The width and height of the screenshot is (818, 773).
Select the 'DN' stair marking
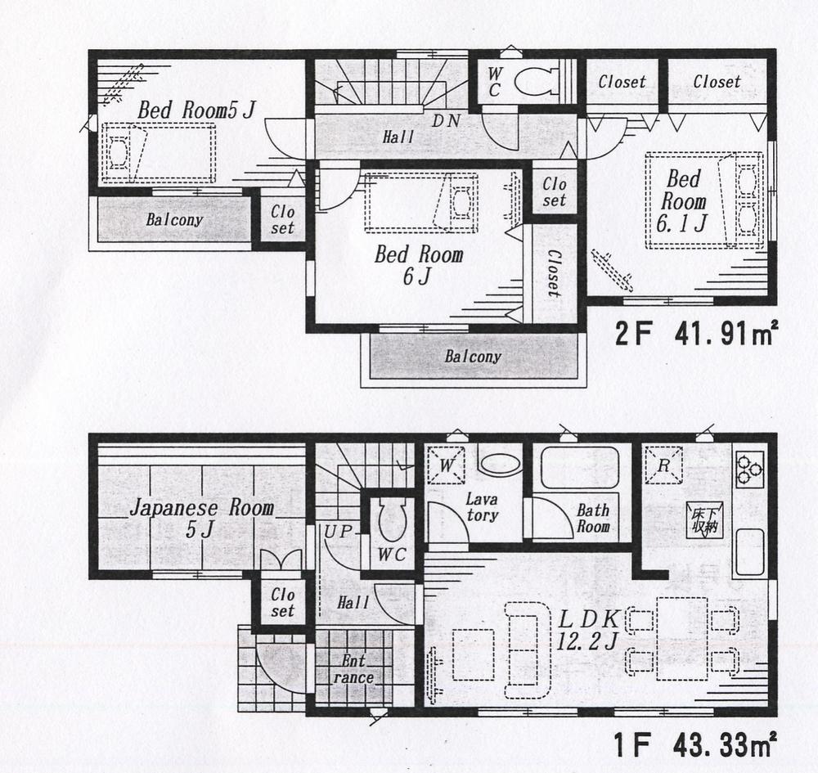point(447,120)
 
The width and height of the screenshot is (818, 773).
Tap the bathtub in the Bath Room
point(579,467)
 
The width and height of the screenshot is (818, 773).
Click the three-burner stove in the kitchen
point(749,469)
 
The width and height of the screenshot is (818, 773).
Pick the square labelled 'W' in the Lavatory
point(447,465)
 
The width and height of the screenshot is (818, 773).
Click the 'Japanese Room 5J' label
point(201,518)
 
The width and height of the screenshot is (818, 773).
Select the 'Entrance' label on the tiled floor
point(353,669)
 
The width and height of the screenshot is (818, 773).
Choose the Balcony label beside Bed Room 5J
point(174,220)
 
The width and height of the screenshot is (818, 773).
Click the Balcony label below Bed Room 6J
point(473,357)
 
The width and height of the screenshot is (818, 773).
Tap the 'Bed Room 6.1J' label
point(683,200)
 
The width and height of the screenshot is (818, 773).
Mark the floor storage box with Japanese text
point(701,517)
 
